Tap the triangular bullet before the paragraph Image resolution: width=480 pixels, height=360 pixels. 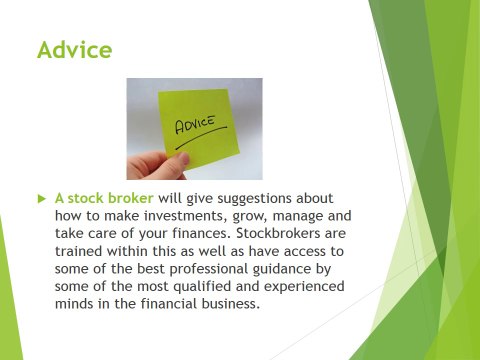41,198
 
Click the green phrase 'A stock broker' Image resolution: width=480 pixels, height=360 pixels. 104,198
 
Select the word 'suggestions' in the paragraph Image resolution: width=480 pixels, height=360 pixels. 257,198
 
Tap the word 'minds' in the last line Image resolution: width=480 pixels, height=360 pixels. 77,304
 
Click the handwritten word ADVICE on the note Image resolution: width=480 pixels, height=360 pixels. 197,127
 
